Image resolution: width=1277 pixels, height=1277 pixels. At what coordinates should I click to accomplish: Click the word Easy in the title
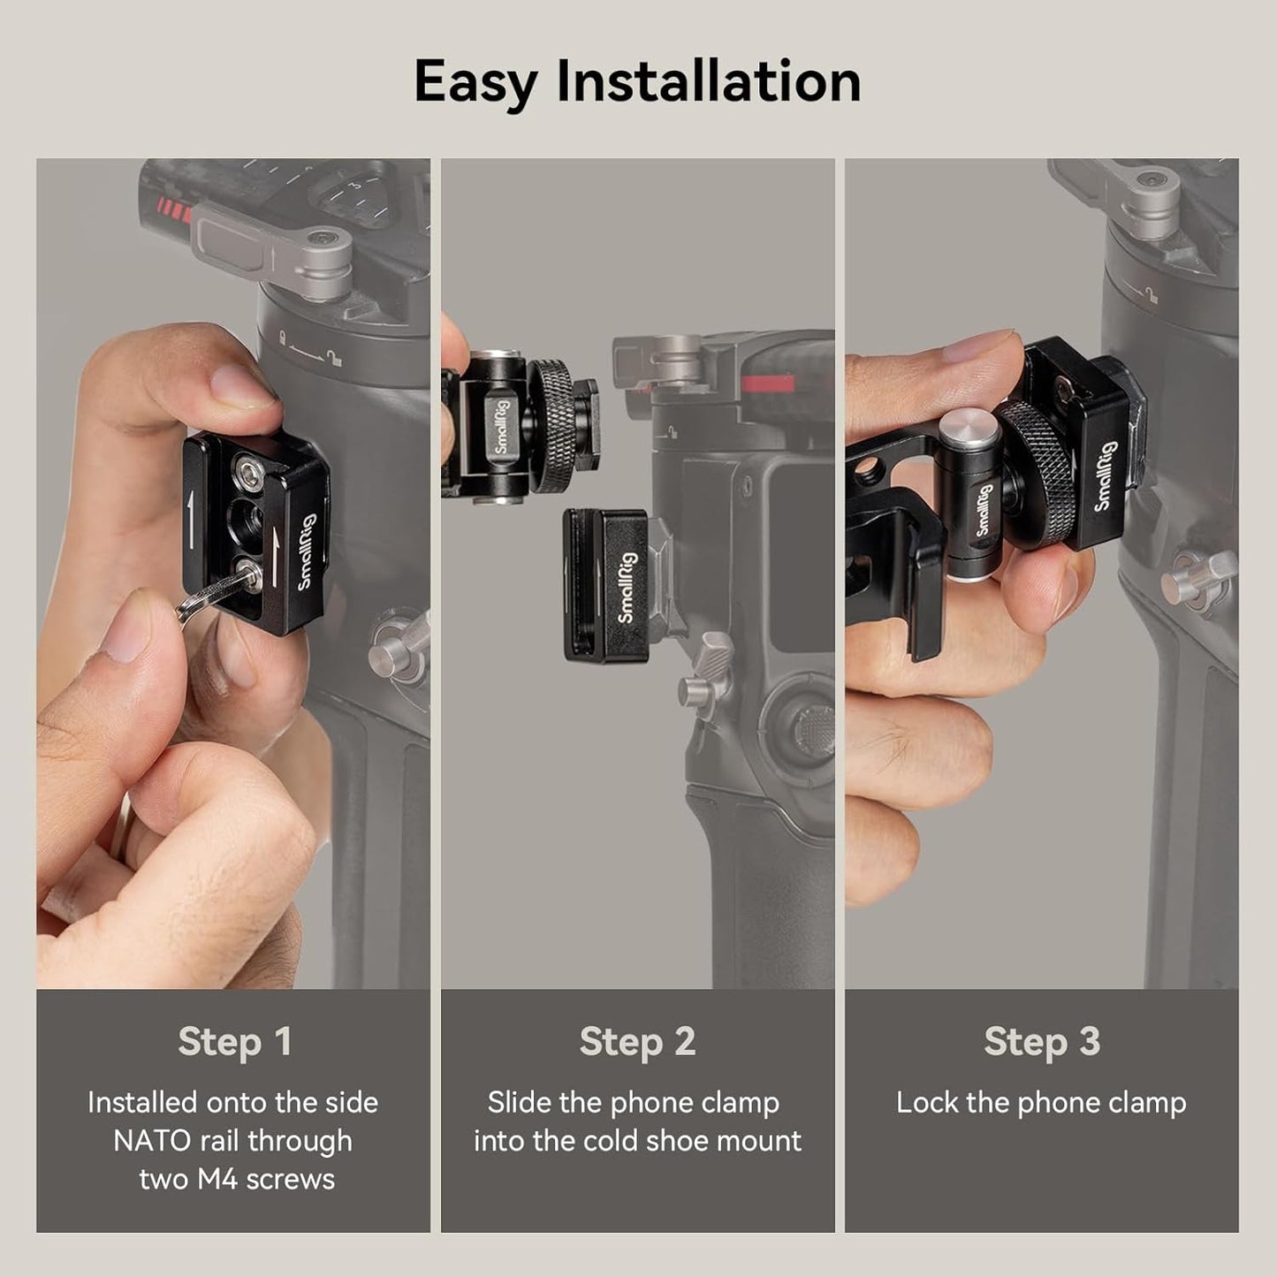pyautogui.click(x=475, y=81)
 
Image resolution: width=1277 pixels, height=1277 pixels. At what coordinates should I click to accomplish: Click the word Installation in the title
pyautogui.click(x=708, y=81)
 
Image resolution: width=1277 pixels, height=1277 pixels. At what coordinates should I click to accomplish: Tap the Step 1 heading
pyautogui.click(x=234, y=1041)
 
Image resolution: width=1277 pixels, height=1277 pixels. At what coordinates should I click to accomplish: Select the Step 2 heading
pyautogui.click(x=637, y=1041)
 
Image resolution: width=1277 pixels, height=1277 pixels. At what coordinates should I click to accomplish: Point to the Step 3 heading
pyautogui.click(x=1042, y=1041)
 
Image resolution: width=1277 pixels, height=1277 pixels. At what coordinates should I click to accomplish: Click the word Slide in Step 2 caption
pyautogui.click(x=519, y=1103)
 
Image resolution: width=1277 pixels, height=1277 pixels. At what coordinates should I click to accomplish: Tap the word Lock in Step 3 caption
pyautogui.click(x=926, y=1103)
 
